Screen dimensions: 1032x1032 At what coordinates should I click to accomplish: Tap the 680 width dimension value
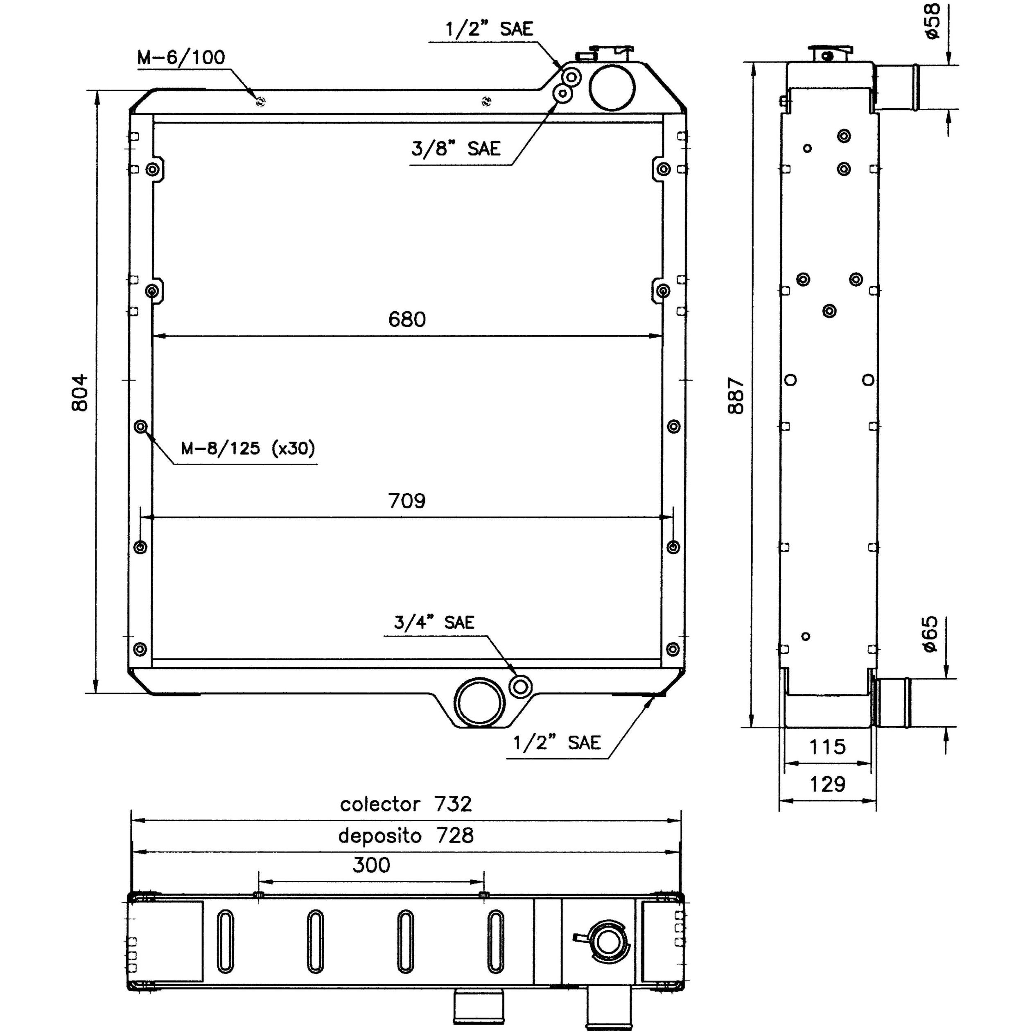pyautogui.click(x=407, y=319)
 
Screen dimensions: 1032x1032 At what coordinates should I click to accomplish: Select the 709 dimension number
pyautogui.click(x=407, y=501)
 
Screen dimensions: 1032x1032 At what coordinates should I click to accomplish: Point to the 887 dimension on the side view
pyautogui.click(x=736, y=395)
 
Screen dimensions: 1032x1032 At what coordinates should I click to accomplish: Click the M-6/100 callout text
pyautogui.click(x=181, y=57)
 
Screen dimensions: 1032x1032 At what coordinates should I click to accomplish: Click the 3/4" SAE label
pyautogui.click(x=434, y=622)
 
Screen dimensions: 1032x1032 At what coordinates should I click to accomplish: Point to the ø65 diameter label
pyautogui.click(x=930, y=634)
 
